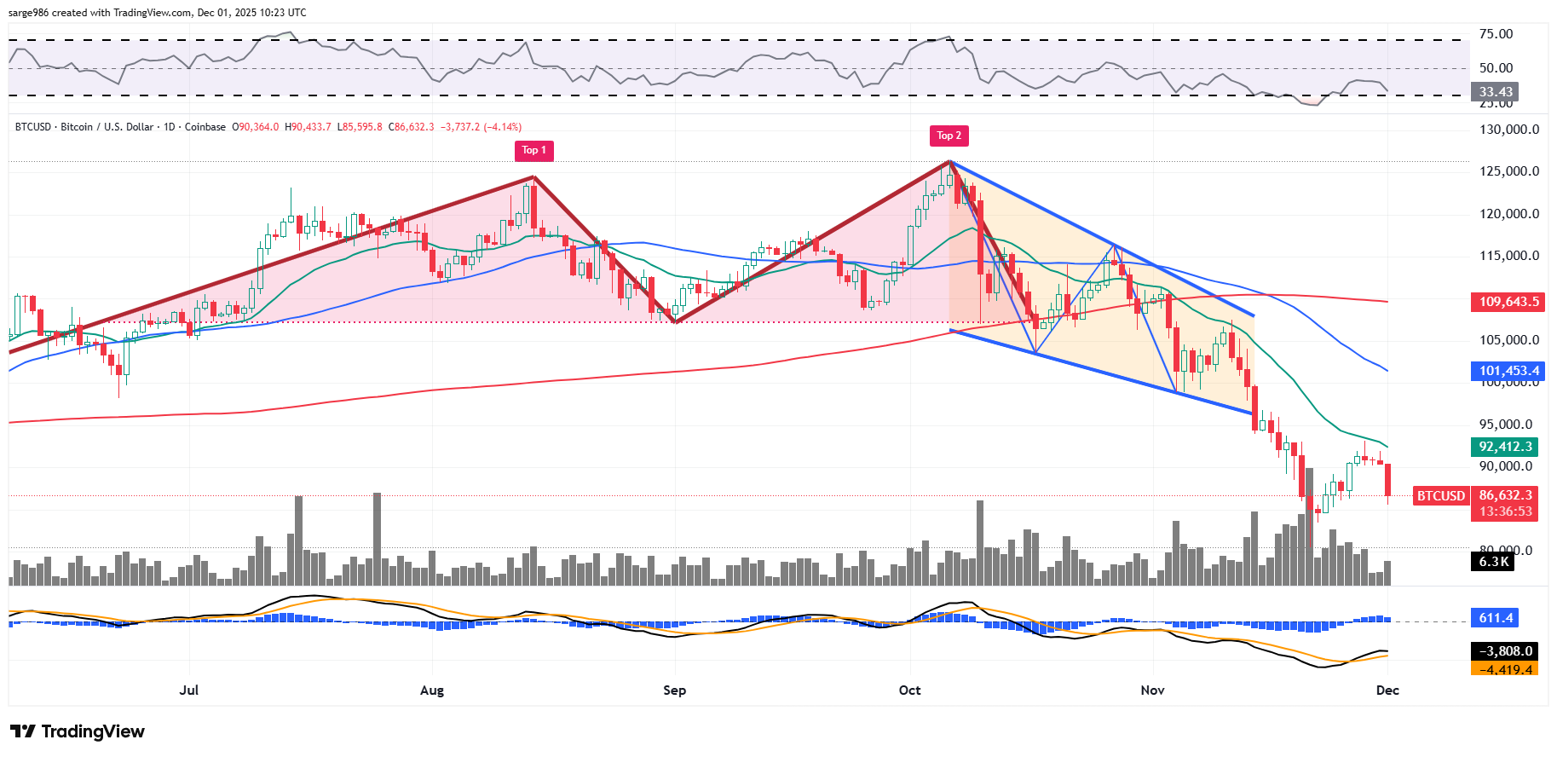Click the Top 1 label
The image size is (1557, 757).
(x=534, y=151)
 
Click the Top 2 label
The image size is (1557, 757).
(x=949, y=136)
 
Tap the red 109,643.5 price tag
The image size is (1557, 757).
(x=1508, y=302)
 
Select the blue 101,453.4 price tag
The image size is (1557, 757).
(x=1508, y=371)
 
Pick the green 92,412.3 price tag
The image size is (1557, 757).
(x=1506, y=447)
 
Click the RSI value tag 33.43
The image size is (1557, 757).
(x=1496, y=92)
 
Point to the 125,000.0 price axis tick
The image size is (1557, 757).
(x=1508, y=171)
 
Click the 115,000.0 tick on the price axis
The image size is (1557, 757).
(x=1508, y=256)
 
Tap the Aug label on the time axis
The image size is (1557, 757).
(x=432, y=691)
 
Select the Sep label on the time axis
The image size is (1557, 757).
(x=674, y=691)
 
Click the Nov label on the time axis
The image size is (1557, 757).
(x=1152, y=691)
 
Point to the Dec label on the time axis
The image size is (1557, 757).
(x=1387, y=691)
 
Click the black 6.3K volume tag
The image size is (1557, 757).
(x=1493, y=562)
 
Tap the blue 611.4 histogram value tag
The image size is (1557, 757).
(x=1496, y=618)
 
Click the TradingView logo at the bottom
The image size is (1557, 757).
(x=78, y=731)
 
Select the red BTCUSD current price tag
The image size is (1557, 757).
(x=1440, y=496)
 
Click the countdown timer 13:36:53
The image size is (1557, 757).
(x=1506, y=511)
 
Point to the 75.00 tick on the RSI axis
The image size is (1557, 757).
(x=1496, y=34)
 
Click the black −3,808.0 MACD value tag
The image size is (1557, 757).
(x=1506, y=651)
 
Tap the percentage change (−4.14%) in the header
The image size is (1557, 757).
(x=502, y=127)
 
